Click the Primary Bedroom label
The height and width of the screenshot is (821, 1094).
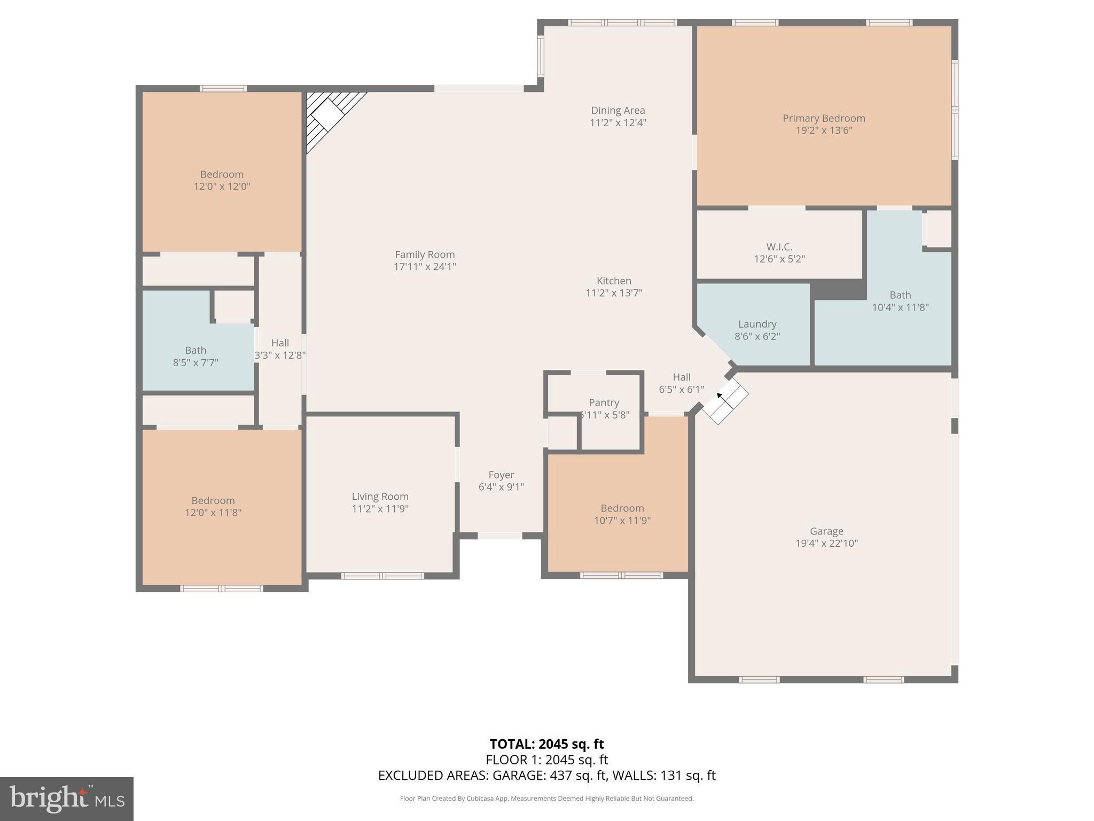pyautogui.click(x=824, y=118)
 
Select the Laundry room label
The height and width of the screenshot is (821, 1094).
pyautogui.click(x=757, y=324)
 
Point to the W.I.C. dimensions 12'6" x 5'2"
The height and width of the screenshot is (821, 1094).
pyautogui.click(x=779, y=259)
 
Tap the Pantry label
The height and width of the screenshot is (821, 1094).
pyautogui.click(x=604, y=402)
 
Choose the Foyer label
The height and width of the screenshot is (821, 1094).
pyautogui.click(x=501, y=475)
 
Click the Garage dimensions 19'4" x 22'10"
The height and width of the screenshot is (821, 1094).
pyautogui.click(x=826, y=544)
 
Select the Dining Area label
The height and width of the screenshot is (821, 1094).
pyautogui.click(x=618, y=110)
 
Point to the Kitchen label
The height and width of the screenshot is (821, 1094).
pyautogui.click(x=614, y=281)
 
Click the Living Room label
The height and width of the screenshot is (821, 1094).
pyautogui.click(x=380, y=497)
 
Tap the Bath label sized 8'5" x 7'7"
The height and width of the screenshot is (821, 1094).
pyautogui.click(x=196, y=350)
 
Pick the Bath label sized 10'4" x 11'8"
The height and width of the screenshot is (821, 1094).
pyautogui.click(x=900, y=295)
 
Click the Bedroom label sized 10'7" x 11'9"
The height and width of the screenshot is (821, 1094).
pyautogui.click(x=622, y=508)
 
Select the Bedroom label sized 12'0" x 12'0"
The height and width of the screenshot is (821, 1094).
pyautogui.click(x=222, y=174)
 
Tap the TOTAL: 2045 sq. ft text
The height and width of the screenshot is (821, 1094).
pyautogui.click(x=546, y=744)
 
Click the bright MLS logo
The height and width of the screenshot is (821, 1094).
pyautogui.click(x=67, y=799)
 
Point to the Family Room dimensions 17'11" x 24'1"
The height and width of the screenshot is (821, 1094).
pyautogui.click(x=425, y=267)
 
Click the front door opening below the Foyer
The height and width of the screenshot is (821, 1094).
pyautogui.click(x=499, y=536)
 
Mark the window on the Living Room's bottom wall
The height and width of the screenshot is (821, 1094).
pyautogui.click(x=382, y=576)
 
